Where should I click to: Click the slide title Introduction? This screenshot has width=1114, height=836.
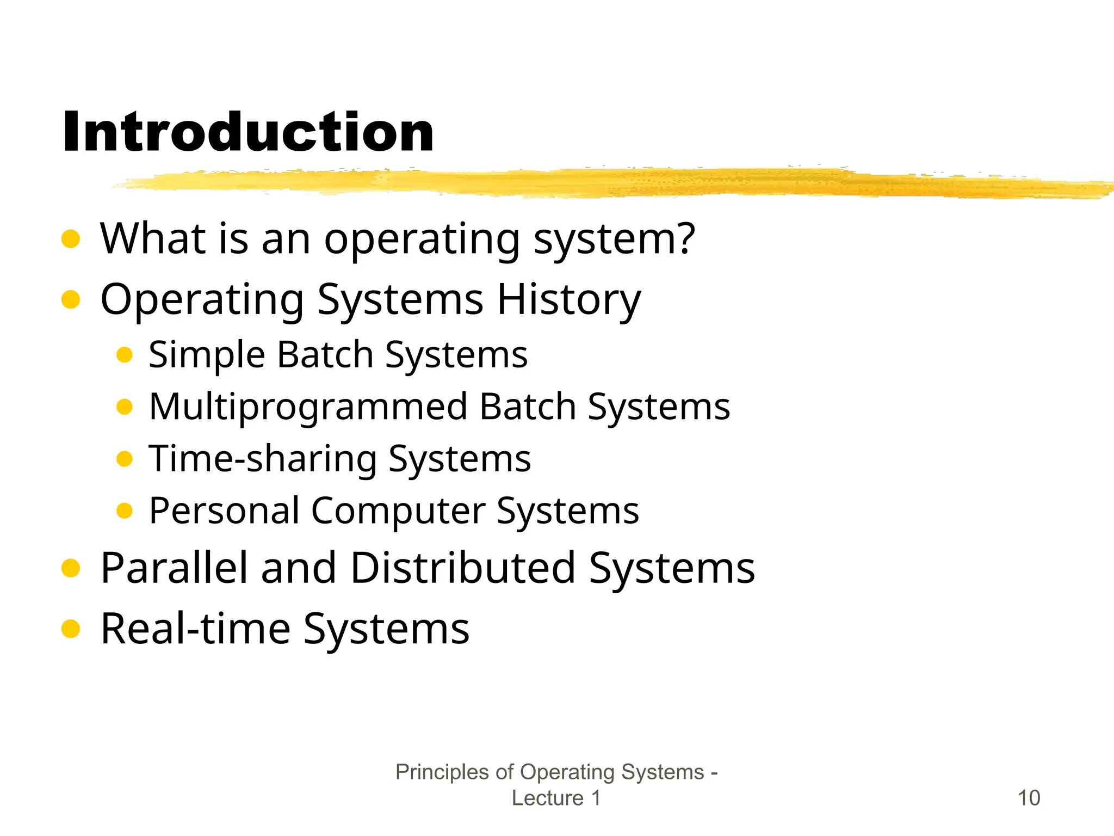(248, 132)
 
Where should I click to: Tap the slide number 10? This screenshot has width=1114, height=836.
(1028, 798)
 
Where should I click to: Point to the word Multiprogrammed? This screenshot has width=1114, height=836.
(308, 407)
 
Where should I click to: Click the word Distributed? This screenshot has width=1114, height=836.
(463, 568)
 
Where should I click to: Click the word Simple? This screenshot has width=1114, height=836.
(207, 355)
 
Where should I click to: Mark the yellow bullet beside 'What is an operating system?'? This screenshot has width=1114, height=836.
(71, 238)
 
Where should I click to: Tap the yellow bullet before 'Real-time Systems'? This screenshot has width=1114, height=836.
(71, 629)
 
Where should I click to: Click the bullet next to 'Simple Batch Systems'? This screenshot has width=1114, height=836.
(125, 355)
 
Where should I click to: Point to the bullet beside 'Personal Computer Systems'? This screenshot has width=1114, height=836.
(125, 511)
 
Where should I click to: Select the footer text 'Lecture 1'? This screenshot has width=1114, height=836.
(556, 798)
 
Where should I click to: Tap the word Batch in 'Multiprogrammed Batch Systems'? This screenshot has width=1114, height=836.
(528, 407)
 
